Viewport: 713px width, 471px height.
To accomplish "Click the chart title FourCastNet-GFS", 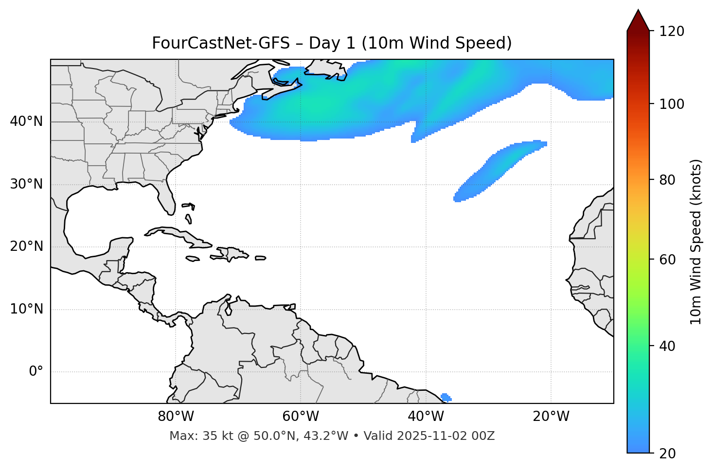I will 332,43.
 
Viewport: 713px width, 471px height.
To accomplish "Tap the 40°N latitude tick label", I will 26,122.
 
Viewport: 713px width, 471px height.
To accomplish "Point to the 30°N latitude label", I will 26,184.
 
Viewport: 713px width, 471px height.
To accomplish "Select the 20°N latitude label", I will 26,246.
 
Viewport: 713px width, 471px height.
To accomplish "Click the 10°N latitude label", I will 26,309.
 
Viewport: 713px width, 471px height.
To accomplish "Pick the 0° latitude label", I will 36,372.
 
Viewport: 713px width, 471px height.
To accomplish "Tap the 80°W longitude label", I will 176,417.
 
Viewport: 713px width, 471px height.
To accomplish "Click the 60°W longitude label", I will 301,417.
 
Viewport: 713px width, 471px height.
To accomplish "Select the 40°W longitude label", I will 426,417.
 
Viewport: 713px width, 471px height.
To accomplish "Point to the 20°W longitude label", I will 551,417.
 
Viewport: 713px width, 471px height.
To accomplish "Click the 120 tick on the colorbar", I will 672,31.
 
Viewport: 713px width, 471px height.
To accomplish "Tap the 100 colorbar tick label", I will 672,104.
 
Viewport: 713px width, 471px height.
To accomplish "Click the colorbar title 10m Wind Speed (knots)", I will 696,242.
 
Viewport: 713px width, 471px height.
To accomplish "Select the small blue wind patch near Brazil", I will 446,398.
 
